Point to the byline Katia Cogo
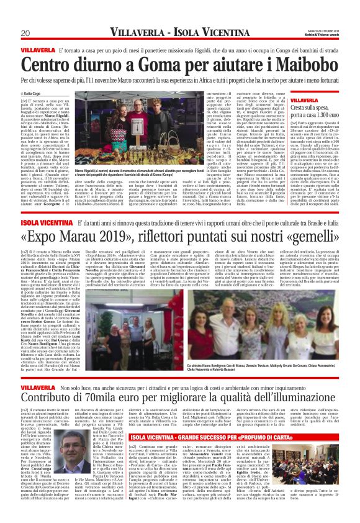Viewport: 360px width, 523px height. (37, 93)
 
